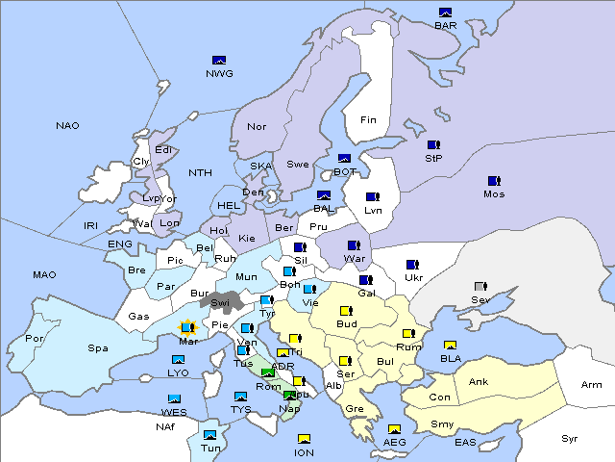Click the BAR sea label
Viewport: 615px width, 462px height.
445,26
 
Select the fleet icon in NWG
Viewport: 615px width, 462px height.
219,60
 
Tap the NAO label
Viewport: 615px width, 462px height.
67,126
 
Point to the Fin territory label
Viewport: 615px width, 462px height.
368,120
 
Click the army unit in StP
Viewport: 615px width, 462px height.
434,144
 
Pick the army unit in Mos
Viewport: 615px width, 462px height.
494,180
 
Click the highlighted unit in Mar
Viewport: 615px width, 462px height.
186,328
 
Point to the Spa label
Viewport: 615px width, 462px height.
97,348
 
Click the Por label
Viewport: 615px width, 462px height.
35,339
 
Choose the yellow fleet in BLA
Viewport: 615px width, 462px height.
450,346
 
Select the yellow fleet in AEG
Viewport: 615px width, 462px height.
393,429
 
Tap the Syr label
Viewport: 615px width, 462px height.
570,438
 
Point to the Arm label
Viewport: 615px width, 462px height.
591,385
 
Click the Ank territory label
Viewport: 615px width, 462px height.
478,382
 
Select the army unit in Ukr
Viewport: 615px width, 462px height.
413,265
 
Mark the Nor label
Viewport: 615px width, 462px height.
257,127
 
